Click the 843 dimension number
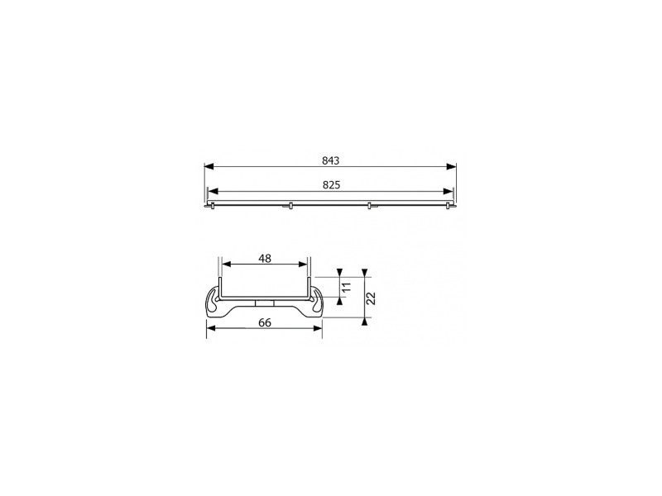(330, 160)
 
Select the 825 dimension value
(332, 185)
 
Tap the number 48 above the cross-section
(265, 259)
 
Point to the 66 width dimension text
(265, 322)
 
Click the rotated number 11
(346, 288)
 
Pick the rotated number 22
(371, 298)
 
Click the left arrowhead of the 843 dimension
(209, 167)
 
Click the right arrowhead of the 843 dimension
(451, 167)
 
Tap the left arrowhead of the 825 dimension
(213, 192)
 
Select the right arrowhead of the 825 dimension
(448, 192)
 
